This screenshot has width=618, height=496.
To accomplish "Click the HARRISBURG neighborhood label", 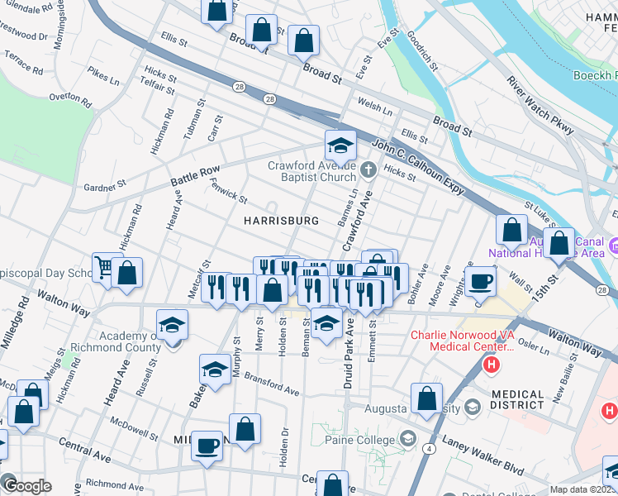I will point(281,221).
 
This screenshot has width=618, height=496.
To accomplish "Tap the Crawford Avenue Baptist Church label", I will point(311,171).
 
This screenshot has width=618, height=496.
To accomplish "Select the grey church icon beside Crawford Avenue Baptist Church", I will point(368,170).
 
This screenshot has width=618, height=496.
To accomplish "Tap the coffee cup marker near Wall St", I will point(480,282).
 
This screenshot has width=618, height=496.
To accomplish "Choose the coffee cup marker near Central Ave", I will point(207,446).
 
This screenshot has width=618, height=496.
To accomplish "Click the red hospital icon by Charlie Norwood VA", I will point(492,364).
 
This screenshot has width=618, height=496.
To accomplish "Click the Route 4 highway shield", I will point(431,449).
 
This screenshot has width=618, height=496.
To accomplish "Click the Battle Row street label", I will point(195,175).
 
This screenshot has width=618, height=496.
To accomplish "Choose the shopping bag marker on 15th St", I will point(559,243).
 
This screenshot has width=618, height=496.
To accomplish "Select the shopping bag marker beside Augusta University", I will point(426,398).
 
